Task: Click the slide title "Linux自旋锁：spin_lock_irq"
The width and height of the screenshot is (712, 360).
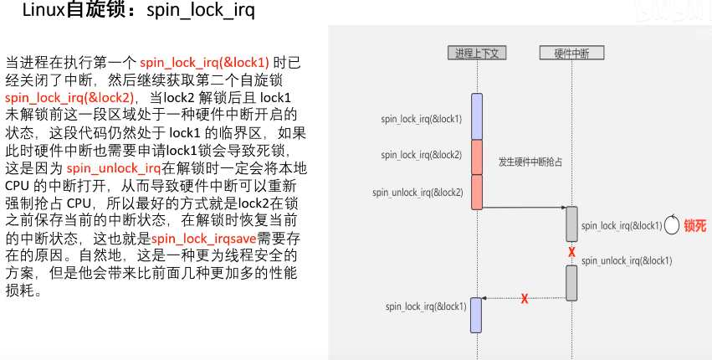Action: pos(138,13)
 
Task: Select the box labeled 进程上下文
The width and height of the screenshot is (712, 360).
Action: pos(476,53)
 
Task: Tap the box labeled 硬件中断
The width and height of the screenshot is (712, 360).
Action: pos(571,53)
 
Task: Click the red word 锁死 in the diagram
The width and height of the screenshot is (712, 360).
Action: pos(695,225)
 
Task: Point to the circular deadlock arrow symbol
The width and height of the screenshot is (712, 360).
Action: pos(671,225)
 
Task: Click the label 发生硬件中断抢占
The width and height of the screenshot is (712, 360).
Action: pos(530,161)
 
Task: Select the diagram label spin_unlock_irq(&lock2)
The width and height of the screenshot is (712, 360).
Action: pos(417,193)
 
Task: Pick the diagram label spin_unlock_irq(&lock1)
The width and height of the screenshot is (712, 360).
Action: pos(627,260)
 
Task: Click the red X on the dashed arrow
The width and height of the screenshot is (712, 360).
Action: pos(525,298)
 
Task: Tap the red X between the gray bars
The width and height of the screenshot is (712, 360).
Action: pos(571,252)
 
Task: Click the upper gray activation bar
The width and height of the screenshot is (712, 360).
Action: pos(571,224)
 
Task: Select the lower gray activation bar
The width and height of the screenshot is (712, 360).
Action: pos(571,283)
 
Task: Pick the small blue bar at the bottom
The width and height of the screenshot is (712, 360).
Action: pos(477,314)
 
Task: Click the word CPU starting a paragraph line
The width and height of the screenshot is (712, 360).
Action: pos(18,185)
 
